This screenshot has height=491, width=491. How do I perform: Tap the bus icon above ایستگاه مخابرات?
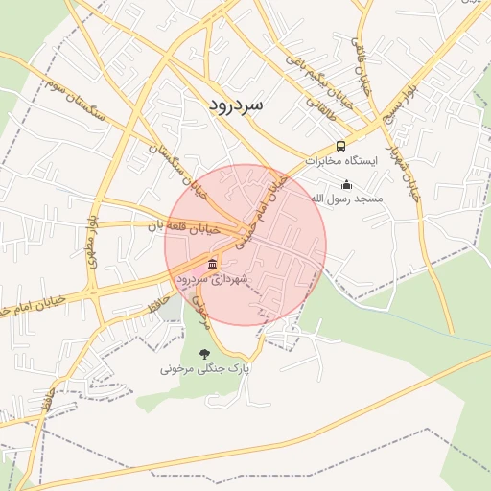pyautogui.click(x=340, y=146)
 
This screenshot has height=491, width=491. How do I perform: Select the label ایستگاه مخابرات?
pyautogui.click(x=341, y=161)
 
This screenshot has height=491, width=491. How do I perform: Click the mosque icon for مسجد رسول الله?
pyautogui.click(x=346, y=184)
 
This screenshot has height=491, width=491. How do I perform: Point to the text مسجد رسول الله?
pyautogui.click(x=346, y=199)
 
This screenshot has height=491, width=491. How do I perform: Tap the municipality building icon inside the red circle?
pyautogui.click(x=212, y=264)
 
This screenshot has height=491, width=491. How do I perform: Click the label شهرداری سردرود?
pyautogui.click(x=212, y=278)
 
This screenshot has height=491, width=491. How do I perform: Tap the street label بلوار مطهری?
pyautogui.click(x=93, y=249)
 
